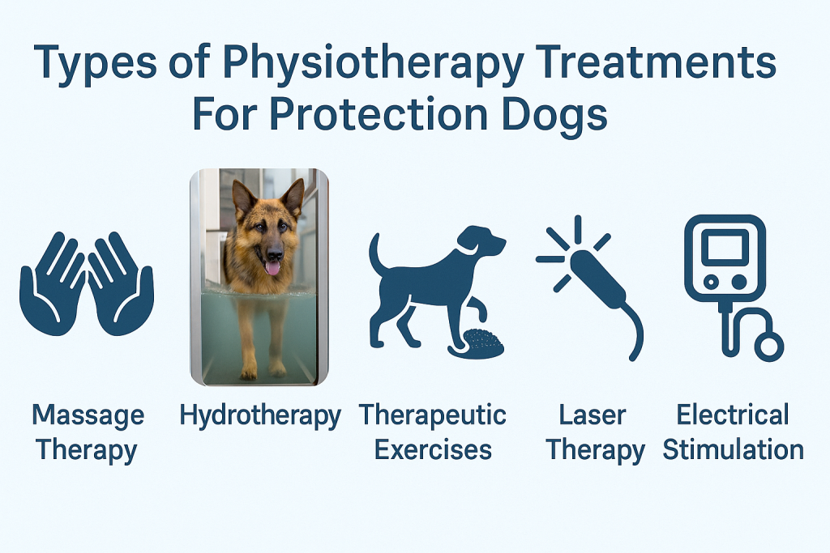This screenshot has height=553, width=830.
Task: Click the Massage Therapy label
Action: point(88,432)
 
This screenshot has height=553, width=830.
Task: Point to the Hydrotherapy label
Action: point(260,416)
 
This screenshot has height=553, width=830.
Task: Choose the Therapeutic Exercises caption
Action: point(433,432)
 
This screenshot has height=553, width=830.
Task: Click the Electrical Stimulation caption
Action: point(733,432)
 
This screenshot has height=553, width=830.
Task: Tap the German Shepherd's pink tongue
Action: point(272,268)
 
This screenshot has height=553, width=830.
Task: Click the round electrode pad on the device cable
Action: point(769,347)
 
